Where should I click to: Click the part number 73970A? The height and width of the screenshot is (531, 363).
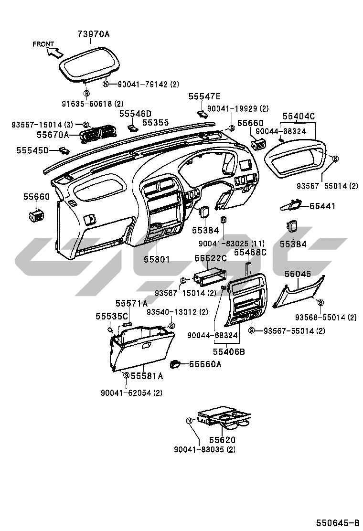click(x=94, y=34)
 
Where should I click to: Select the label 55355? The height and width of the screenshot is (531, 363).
click(x=155, y=123)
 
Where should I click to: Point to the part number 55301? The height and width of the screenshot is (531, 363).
click(x=157, y=259)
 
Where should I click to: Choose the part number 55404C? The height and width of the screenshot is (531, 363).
click(x=299, y=116)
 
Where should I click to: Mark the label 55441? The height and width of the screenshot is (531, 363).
click(x=322, y=206)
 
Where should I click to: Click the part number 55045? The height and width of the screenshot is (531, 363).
click(x=298, y=274)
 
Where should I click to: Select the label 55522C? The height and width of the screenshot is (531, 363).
click(x=210, y=258)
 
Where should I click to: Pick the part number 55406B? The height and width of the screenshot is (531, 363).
click(x=229, y=351)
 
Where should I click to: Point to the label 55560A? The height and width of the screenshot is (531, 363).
click(x=205, y=364)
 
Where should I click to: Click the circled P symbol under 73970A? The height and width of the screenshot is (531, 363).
click(x=86, y=93)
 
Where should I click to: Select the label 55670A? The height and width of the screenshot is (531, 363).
click(x=53, y=136)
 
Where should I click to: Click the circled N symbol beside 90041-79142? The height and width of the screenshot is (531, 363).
click(x=107, y=84)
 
